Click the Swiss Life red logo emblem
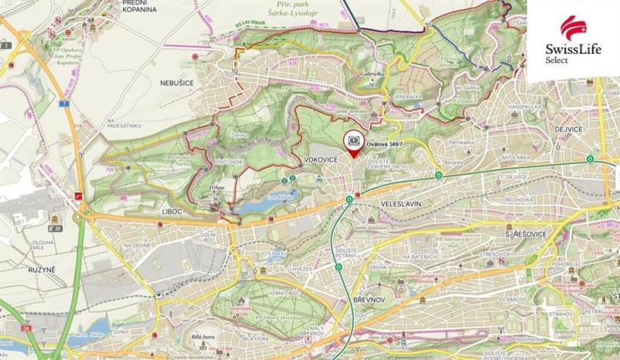pyautogui.click(x=572, y=28)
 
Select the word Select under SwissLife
pyautogui.click(x=556, y=60)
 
